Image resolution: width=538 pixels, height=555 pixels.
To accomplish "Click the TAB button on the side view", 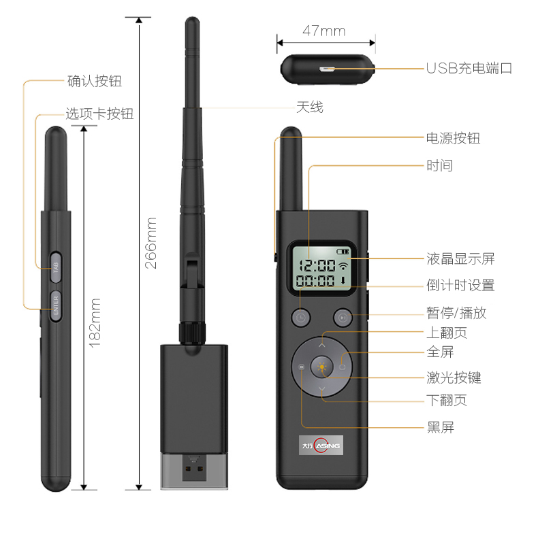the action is tap(56, 267).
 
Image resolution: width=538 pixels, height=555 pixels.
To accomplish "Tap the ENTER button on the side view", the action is tap(56, 306).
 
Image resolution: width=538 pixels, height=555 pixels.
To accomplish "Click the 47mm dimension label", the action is tap(324, 31).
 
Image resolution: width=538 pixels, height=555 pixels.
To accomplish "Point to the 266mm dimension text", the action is tap(151, 243).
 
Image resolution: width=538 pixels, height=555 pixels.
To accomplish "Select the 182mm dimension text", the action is tap(95, 323).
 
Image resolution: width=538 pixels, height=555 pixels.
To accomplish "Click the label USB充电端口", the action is tap(469, 68).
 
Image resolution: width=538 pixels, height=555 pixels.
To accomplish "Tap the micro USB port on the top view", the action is tap(326, 69).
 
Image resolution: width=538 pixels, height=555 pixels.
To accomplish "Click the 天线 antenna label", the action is tap(310, 107).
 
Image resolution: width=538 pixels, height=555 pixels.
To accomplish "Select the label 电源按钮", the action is tap(453, 138).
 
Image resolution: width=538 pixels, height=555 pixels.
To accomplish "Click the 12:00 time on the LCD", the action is tap(317, 265).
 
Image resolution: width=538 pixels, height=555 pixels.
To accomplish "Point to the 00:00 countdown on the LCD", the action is tap(315, 281).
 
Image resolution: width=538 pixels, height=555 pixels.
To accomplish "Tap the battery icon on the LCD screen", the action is tap(343, 251).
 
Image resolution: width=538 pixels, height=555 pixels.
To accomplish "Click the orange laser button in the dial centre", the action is tap(322, 367).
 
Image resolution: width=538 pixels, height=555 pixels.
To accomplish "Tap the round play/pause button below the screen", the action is tap(343, 318).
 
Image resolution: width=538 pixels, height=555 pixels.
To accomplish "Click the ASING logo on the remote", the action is tap(321, 445).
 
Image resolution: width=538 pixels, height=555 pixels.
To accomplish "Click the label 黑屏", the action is tap(440, 428).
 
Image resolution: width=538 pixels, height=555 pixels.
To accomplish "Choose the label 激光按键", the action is tap(454, 377).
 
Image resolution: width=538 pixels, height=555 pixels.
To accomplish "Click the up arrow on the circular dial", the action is tap(322, 345).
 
